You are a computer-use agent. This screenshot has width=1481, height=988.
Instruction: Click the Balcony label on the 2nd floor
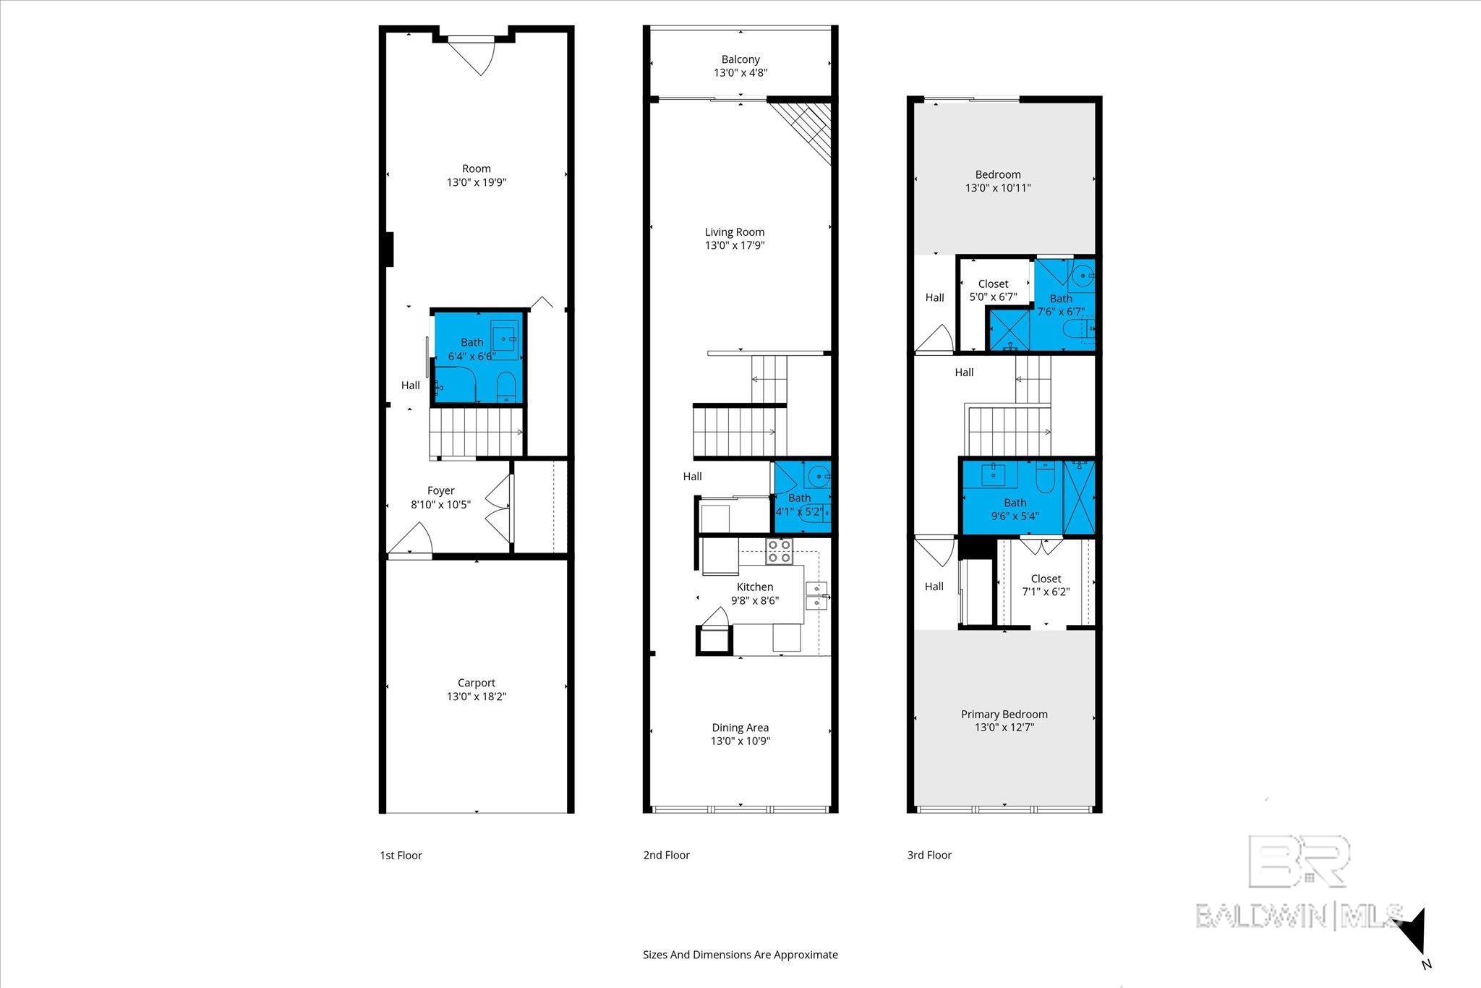point(740,59)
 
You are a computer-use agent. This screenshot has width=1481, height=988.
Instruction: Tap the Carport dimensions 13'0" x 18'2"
point(476,697)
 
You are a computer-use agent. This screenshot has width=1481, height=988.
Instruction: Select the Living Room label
point(734,232)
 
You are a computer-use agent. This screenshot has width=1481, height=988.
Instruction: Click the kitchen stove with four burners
point(780,551)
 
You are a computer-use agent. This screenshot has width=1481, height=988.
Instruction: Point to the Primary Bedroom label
point(1004,714)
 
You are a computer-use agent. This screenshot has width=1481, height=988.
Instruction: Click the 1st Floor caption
point(401,855)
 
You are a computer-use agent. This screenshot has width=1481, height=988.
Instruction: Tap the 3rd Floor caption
point(929,855)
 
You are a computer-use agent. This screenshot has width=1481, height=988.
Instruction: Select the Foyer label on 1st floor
point(440,490)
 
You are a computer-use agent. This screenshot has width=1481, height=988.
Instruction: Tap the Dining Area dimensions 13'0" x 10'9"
point(740,741)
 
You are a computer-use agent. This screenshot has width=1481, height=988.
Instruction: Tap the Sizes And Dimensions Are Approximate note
point(740,955)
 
